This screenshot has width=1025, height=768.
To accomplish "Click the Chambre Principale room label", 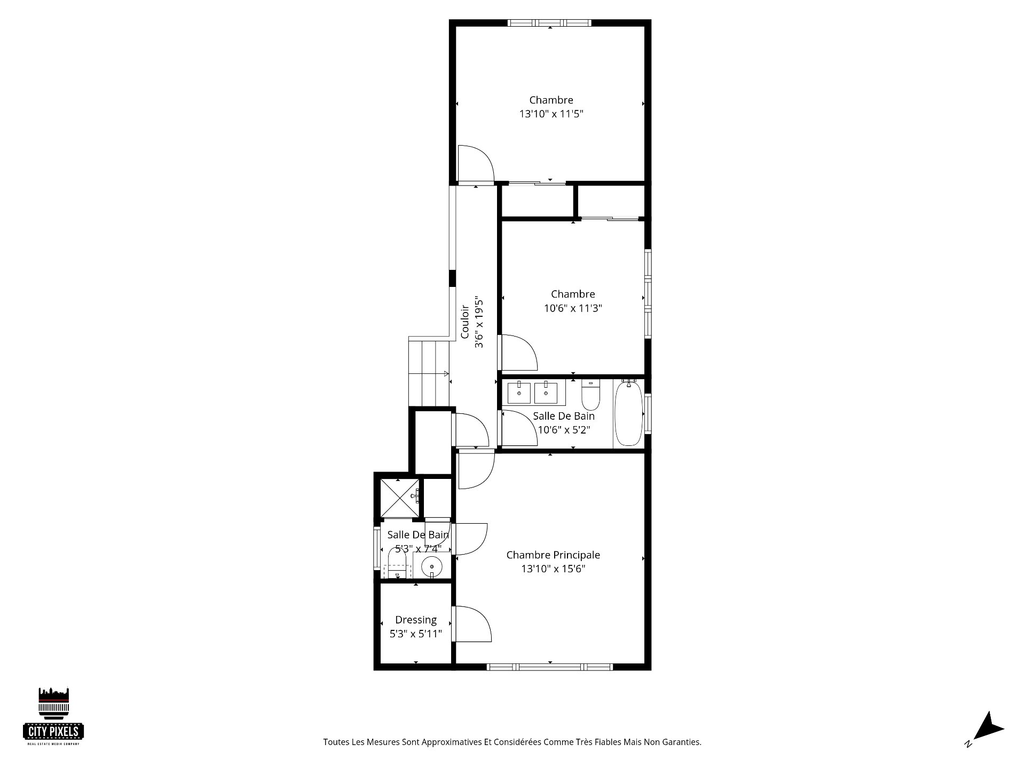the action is (553, 555).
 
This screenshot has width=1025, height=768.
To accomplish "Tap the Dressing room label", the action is (416, 620).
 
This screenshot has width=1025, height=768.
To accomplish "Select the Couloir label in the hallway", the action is (465, 322).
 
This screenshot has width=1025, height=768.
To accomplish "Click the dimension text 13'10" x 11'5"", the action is (551, 114).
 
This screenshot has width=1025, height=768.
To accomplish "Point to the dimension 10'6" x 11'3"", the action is (573, 308).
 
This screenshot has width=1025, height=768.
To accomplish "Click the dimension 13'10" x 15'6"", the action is (554, 569).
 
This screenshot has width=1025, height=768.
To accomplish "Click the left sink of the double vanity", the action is (519, 393).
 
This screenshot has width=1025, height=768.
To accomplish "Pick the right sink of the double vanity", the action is (546, 393).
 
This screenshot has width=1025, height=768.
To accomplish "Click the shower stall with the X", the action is (400, 498).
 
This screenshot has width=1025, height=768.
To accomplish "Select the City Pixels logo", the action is (53, 716).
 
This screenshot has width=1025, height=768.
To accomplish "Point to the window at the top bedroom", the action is (550, 23).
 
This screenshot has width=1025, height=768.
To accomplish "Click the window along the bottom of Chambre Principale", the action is (550, 667).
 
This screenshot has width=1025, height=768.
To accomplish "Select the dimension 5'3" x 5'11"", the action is (416, 634).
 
